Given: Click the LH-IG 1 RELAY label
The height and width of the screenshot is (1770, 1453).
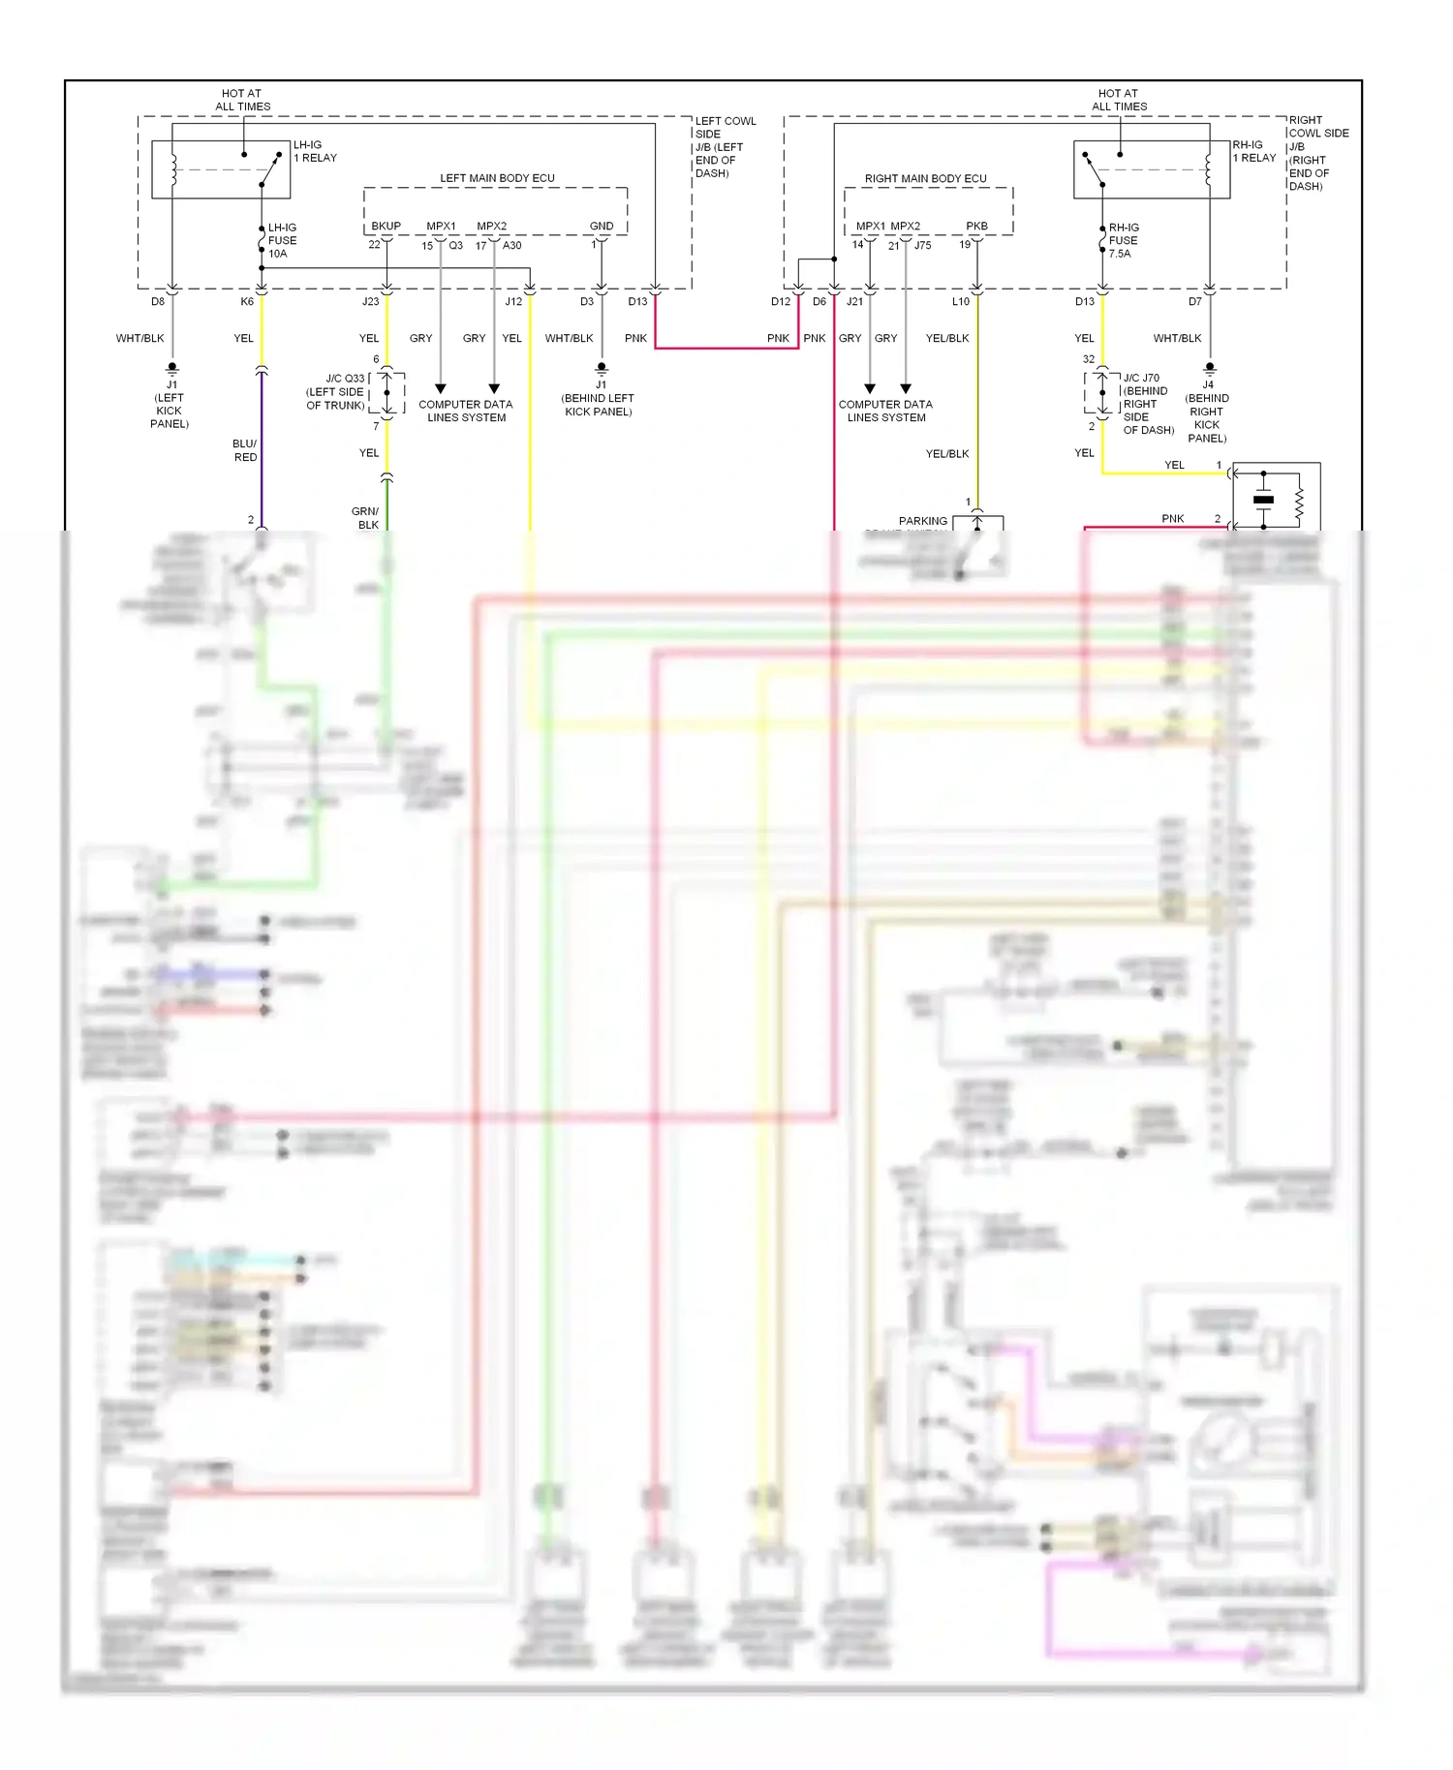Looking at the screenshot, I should tap(315, 151).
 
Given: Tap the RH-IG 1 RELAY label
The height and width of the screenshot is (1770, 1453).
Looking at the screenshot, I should tap(1253, 151).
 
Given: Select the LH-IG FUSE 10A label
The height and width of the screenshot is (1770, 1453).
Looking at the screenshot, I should tap(282, 240).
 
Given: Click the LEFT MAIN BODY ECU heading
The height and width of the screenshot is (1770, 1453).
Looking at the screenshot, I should tap(497, 178).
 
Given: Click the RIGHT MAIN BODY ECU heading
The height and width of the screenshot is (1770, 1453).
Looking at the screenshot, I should tap(925, 178).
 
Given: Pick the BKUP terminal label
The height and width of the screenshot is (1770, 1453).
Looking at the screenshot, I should tap(386, 226).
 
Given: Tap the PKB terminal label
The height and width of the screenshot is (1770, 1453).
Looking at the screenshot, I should tap(976, 226).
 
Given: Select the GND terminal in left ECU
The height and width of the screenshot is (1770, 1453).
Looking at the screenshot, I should tap(601, 226).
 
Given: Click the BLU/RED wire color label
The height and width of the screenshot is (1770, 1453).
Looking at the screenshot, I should tap(245, 450).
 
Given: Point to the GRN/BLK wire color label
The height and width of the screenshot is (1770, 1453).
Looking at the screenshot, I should tap(365, 518).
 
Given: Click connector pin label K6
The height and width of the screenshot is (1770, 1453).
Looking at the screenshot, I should tap(247, 301).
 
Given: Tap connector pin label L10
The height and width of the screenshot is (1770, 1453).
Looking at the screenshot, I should tap(960, 301).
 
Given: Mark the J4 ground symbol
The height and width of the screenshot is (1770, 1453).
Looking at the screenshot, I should tap(1209, 369).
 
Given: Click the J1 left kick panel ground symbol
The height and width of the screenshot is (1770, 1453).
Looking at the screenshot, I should tap(171, 369).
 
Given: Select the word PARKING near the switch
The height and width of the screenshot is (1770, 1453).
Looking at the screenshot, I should tap(922, 521).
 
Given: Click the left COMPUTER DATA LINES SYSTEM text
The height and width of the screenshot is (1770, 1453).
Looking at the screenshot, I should tap(466, 411).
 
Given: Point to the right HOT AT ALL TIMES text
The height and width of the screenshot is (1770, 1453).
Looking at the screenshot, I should tap(1119, 100).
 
